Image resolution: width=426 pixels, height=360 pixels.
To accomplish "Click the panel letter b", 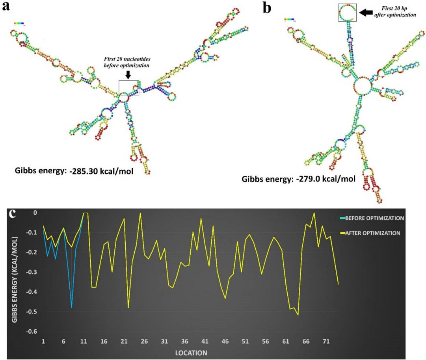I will coord(267,7).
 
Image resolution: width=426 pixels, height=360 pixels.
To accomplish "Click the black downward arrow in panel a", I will coord(129,74).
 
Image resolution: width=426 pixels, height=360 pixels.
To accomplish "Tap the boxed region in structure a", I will coord(129,87).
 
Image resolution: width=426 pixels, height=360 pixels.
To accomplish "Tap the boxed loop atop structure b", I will coord(347,13).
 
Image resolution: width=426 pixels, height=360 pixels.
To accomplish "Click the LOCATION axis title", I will coord(192,351).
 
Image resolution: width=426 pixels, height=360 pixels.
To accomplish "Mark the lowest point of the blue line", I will coord(71,307).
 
